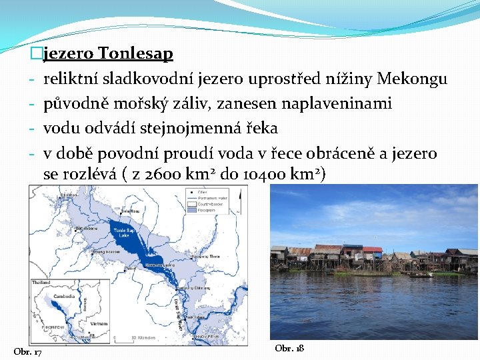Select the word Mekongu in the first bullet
click(411, 79)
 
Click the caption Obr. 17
click(28, 352)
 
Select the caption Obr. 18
click(289, 349)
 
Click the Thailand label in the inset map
click(41, 283)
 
